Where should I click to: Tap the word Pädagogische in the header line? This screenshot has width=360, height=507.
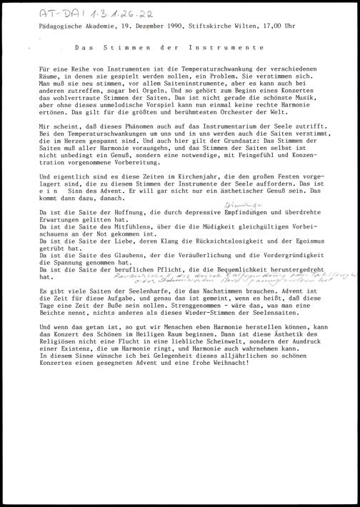tap(60, 28)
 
